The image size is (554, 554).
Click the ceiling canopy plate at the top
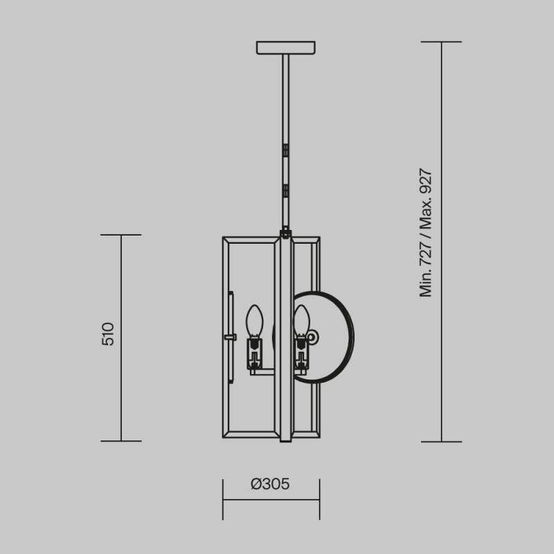click(x=286, y=48)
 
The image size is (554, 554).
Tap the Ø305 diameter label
click(x=270, y=484)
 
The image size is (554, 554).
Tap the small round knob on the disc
click(x=313, y=337)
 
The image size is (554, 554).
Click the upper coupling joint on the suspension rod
click(x=285, y=148)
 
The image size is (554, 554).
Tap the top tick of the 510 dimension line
click(x=121, y=235)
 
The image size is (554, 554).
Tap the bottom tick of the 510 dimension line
click(x=121, y=440)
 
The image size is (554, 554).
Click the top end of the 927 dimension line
click(x=441, y=42)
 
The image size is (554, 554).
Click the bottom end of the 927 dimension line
click(x=441, y=440)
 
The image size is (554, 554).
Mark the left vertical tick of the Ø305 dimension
click(x=223, y=499)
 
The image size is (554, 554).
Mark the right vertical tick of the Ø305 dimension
click(x=319, y=499)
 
